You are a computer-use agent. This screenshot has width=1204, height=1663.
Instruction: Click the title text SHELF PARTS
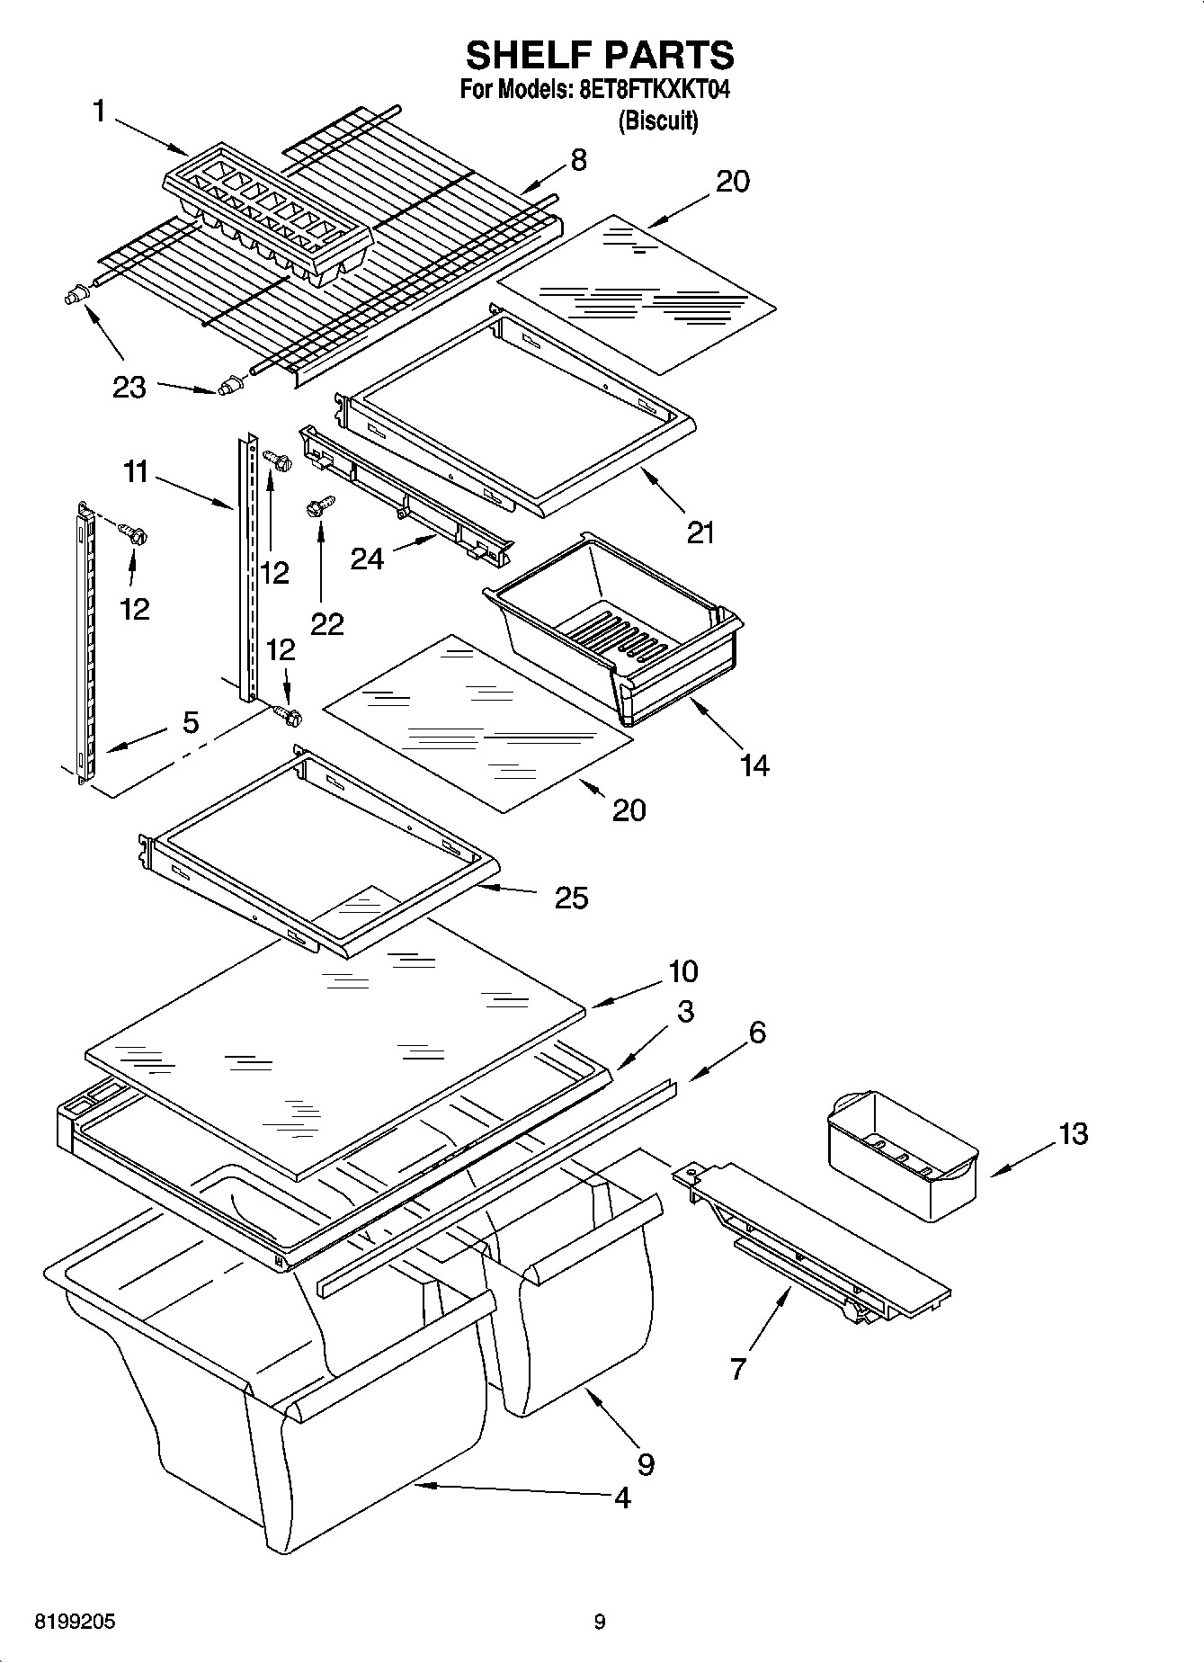(x=600, y=56)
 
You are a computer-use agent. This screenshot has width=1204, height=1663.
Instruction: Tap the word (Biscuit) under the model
(x=657, y=121)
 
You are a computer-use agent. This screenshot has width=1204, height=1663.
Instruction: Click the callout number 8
(x=578, y=160)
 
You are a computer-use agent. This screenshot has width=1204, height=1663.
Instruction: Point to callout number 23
(x=129, y=388)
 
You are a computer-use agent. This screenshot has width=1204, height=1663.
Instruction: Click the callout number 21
(x=700, y=532)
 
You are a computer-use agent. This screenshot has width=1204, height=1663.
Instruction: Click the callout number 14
(x=754, y=765)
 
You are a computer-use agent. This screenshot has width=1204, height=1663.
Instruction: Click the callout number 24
(x=367, y=559)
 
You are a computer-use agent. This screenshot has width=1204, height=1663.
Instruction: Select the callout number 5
(x=191, y=722)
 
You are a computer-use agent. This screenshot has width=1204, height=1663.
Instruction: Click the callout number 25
(x=571, y=897)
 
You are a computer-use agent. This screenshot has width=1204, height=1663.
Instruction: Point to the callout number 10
(x=683, y=971)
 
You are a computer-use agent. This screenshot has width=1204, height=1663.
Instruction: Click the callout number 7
(x=738, y=1369)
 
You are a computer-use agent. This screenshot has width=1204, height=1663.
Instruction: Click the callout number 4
(x=622, y=1498)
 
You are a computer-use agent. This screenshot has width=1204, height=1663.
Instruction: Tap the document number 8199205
(x=75, y=1622)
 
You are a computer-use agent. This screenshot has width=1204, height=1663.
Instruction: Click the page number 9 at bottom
(x=600, y=1622)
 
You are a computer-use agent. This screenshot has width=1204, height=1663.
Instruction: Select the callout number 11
(x=136, y=471)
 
